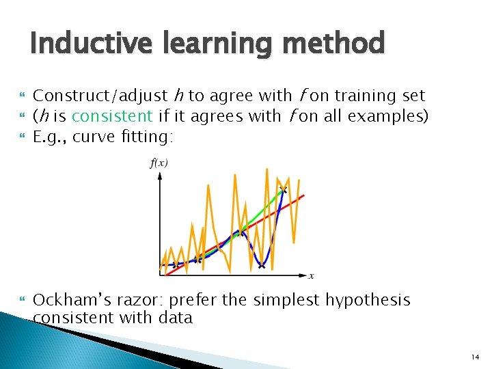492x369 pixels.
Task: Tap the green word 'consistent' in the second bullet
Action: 111,116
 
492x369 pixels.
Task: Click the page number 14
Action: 474,357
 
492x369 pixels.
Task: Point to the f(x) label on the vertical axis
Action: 159,163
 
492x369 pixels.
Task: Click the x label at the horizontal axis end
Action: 311,276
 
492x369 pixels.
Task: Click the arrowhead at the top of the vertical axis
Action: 159,174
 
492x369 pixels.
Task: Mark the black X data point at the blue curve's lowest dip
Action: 261,265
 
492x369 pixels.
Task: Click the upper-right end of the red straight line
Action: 303,196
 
